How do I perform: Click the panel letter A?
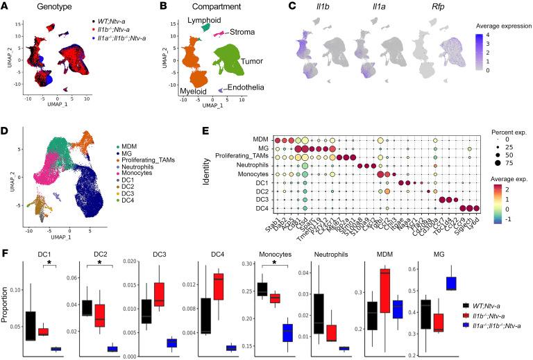(6, 7)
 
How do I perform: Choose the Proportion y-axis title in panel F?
(9, 306)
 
